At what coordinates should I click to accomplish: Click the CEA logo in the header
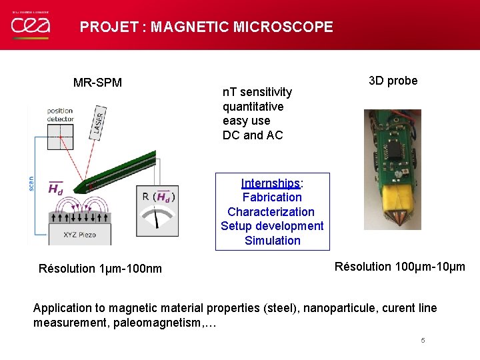coord(29,25)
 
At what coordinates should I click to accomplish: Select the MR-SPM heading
coord(97,83)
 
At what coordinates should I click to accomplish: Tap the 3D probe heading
coord(393,81)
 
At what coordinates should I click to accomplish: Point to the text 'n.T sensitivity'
coord(257,92)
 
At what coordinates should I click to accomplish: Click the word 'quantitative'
coord(253,107)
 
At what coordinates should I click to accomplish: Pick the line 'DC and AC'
coord(253,135)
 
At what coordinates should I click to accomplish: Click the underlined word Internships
coord(271,183)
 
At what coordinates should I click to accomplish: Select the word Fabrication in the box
coord(272,197)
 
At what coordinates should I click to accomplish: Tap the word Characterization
coord(271,212)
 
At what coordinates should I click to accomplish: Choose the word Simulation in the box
coord(272,241)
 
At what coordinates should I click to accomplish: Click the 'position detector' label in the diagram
coord(61,115)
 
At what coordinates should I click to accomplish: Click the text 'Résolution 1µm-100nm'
coord(100,269)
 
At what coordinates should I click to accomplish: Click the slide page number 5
coord(423,341)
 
